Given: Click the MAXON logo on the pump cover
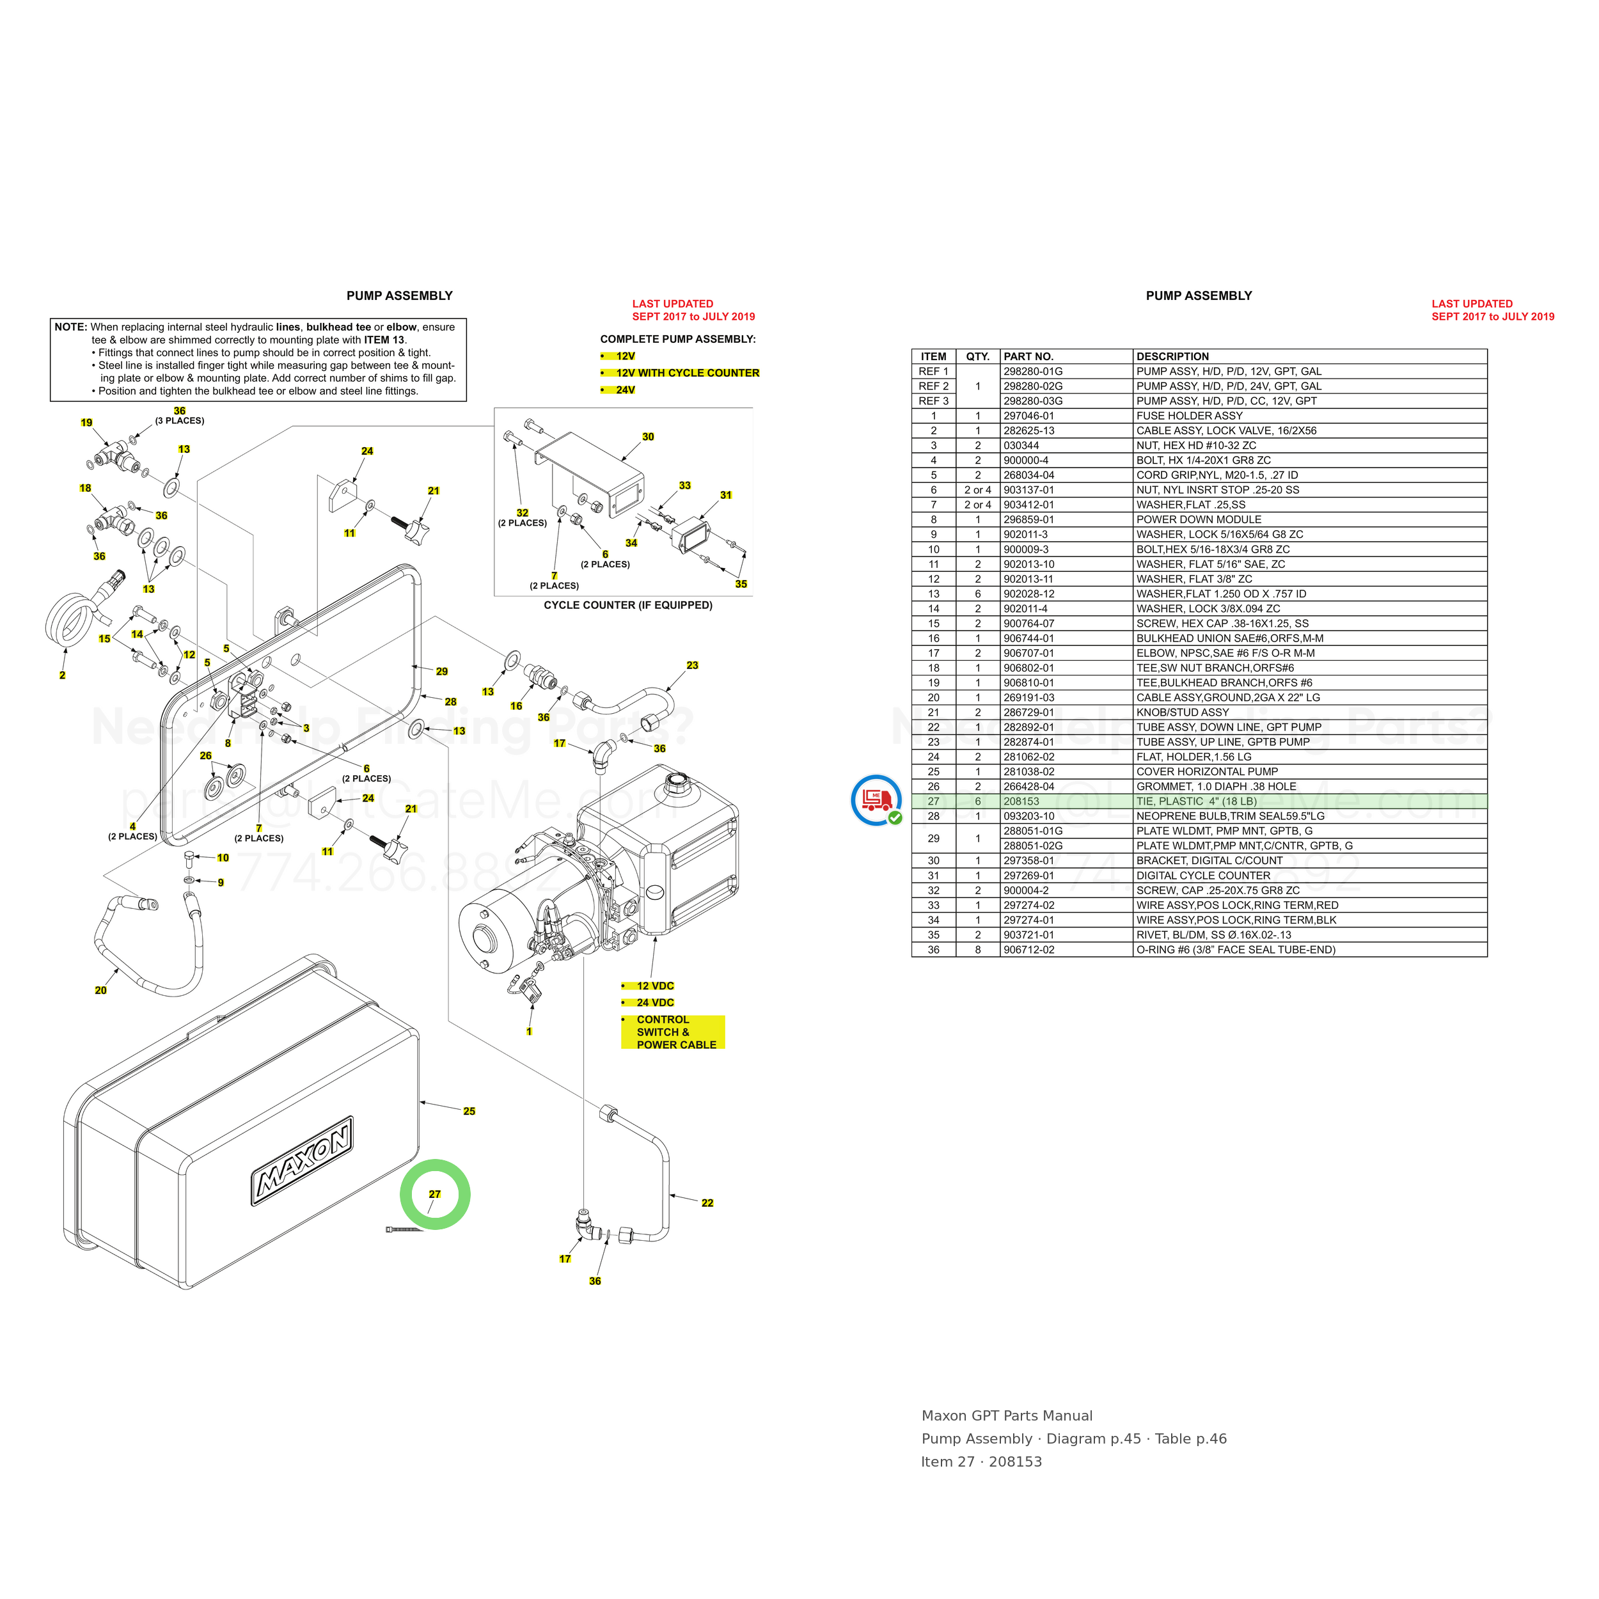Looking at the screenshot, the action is click(x=304, y=1168).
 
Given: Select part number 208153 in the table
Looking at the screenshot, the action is click(x=1021, y=801).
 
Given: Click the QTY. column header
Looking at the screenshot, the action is click(x=977, y=357).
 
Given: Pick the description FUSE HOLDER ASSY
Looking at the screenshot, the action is click(x=1189, y=416).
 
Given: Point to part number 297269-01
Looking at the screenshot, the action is click(x=1028, y=876).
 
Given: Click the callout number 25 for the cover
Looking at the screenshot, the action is click(x=469, y=1112).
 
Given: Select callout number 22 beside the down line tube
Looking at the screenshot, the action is click(x=707, y=1203).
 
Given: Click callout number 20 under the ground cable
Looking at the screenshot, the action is click(x=101, y=991).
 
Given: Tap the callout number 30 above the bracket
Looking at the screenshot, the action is click(x=648, y=437).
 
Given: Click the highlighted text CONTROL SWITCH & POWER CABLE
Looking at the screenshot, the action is click(x=673, y=1032).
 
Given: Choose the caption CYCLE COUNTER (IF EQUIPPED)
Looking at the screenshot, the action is click(x=628, y=605).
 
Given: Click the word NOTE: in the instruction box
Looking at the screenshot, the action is click(x=71, y=327).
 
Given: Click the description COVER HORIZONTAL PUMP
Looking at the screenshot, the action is click(x=1207, y=771).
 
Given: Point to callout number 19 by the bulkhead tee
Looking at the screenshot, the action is click(x=87, y=423).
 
